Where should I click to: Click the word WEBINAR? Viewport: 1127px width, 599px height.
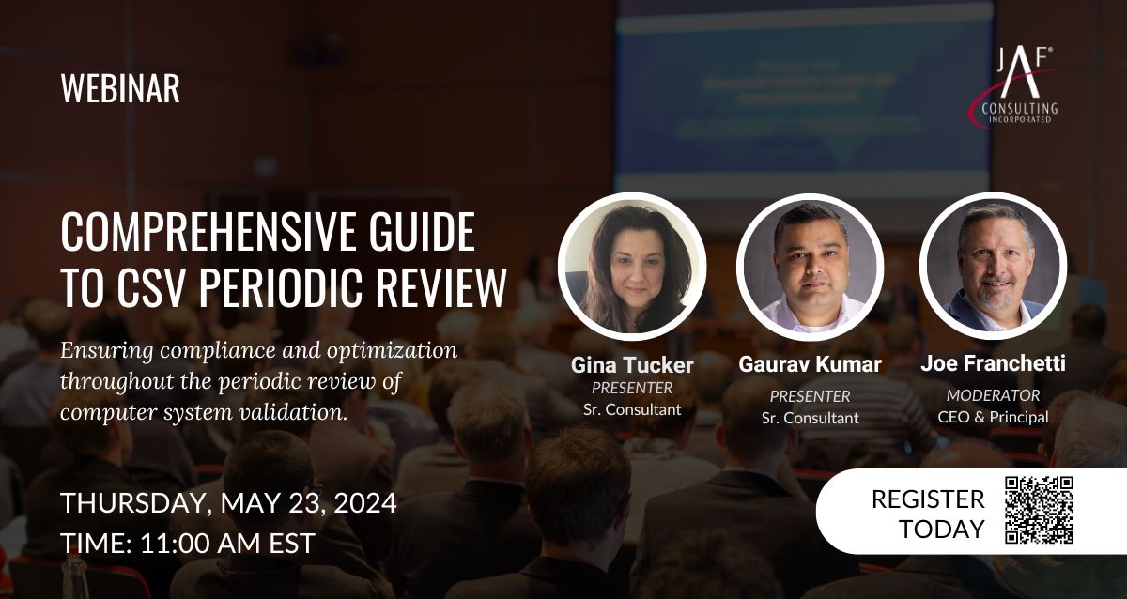(120, 88)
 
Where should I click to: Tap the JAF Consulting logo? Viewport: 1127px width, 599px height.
(1015, 86)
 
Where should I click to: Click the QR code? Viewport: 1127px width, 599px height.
(1039, 510)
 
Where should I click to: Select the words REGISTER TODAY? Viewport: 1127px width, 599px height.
(928, 514)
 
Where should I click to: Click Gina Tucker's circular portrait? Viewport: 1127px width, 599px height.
(632, 267)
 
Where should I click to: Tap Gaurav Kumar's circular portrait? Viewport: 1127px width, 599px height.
(810, 267)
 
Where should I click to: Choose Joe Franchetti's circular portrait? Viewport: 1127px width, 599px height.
(994, 266)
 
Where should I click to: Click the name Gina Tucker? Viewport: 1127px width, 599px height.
(632, 365)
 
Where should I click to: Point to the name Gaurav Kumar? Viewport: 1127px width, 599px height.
(810, 364)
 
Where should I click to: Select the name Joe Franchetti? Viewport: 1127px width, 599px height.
(994, 363)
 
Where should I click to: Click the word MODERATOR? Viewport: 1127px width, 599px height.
(994, 395)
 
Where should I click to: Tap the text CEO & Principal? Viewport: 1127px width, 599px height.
(994, 417)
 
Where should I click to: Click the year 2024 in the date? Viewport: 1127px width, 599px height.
(365, 503)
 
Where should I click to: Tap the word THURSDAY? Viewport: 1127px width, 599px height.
(133, 503)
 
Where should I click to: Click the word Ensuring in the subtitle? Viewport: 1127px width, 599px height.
(107, 351)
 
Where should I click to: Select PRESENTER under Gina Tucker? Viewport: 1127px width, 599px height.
(632, 388)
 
